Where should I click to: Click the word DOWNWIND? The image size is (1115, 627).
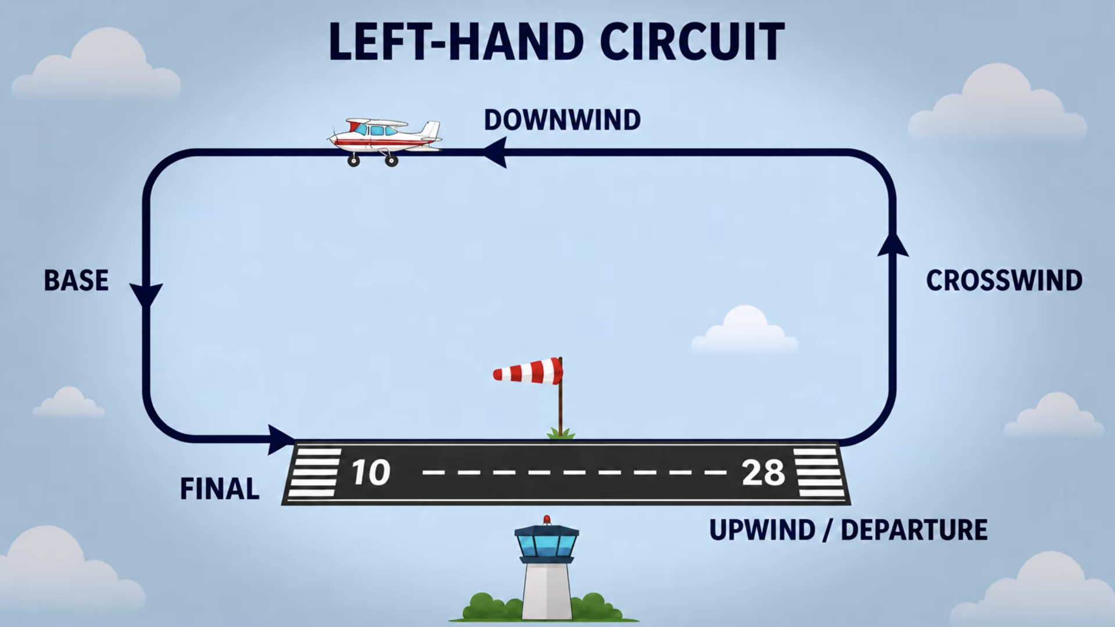[562, 120]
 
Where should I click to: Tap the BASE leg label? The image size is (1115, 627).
[76, 280]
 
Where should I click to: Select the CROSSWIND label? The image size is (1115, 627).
[1004, 280]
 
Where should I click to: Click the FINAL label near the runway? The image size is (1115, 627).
[220, 489]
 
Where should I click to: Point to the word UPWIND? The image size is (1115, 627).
[762, 530]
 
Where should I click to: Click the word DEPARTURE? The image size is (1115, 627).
[914, 530]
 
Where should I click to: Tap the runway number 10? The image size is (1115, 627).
[371, 472]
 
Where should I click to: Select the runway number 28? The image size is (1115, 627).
[763, 472]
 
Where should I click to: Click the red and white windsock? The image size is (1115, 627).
[528, 371]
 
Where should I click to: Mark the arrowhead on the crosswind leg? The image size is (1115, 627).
[892, 244]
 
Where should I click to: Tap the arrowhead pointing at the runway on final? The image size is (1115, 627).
[281, 439]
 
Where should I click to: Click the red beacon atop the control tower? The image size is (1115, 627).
[547, 519]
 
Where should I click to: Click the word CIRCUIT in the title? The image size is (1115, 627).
[691, 42]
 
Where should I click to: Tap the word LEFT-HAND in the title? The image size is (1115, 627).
[456, 42]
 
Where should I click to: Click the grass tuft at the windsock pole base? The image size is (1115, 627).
[561, 433]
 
